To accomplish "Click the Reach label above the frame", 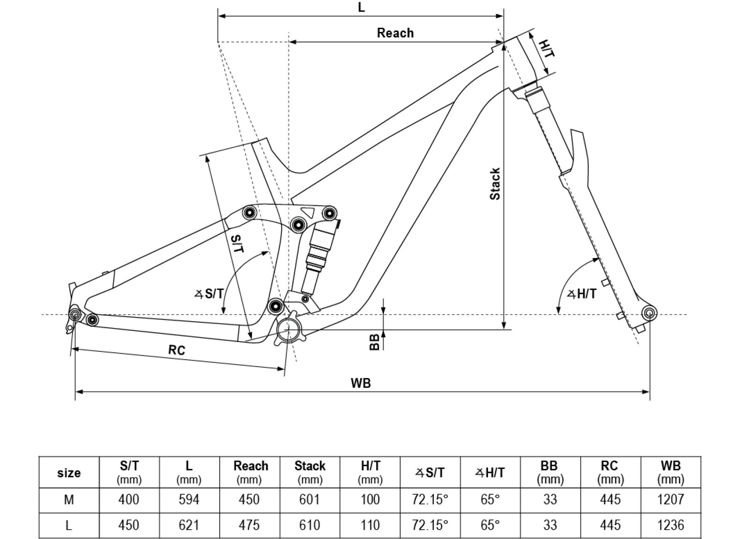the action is pyautogui.click(x=395, y=33).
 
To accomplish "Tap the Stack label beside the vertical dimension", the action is pyautogui.click(x=495, y=184).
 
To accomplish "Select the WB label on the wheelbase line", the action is pyautogui.click(x=361, y=383).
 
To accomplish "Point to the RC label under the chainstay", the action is pyautogui.click(x=177, y=350).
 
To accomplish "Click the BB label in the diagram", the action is pyautogui.click(x=374, y=342).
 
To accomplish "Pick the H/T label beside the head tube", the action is pyautogui.click(x=546, y=48).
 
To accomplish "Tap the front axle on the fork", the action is pyautogui.click(x=649, y=313).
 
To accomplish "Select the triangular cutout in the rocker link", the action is pyautogui.click(x=307, y=212).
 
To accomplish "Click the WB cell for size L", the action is pyautogui.click(x=671, y=525).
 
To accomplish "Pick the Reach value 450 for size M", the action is pyautogui.click(x=249, y=499).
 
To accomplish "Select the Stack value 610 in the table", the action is pyautogui.click(x=309, y=525).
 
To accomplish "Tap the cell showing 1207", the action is pyautogui.click(x=671, y=500).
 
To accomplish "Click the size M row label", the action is pyautogui.click(x=69, y=500).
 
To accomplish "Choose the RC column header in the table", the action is pyautogui.click(x=610, y=472).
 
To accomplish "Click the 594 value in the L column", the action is pyautogui.click(x=189, y=499).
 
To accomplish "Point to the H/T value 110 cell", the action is pyautogui.click(x=370, y=525).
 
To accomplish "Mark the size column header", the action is pyautogui.click(x=69, y=472).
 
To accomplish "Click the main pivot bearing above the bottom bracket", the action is pyautogui.click(x=275, y=306).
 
